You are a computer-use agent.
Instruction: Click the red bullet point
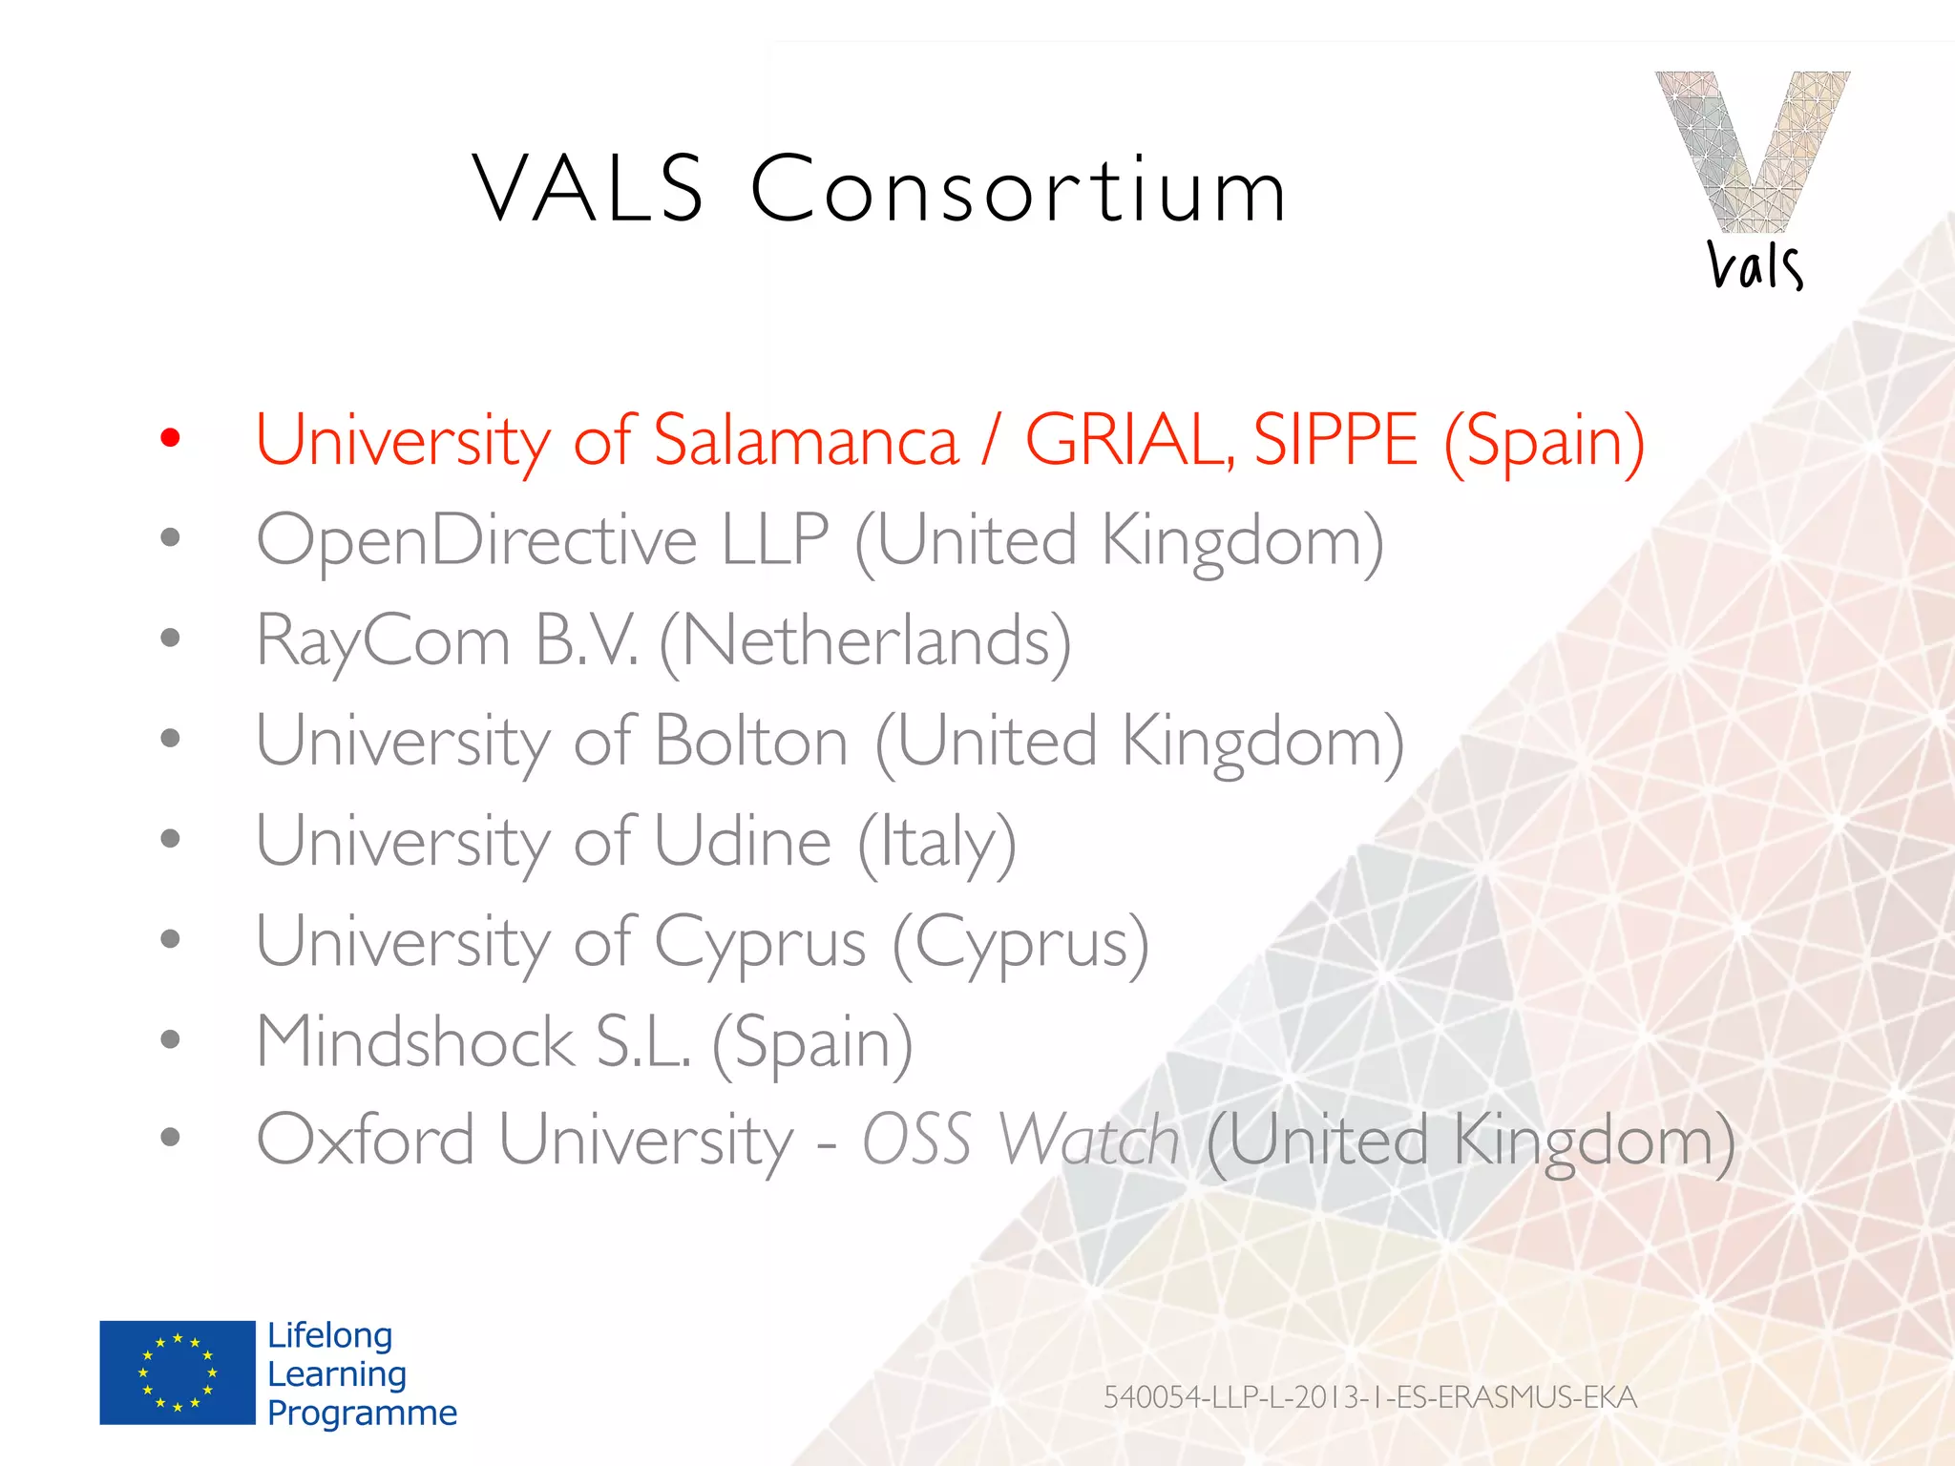click(171, 438)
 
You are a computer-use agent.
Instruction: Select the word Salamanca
click(806, 440)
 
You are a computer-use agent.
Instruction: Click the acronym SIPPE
click(1335, 440)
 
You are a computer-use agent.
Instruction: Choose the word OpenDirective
click(476, 541)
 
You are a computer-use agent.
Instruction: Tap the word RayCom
click(384, 641)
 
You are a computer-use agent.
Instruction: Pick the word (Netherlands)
click(865, 641)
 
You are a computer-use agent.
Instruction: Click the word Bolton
click(751, 742)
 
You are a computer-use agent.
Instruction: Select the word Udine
click(743, 842)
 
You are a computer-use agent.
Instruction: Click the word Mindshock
click(415, 1041)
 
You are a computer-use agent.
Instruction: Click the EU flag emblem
click(178, 1372)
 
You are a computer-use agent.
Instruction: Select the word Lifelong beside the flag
click(329, 1335)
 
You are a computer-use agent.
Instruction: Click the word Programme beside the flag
click(362, 1413)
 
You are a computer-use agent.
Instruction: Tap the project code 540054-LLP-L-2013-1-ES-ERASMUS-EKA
click(1370, 1397)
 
